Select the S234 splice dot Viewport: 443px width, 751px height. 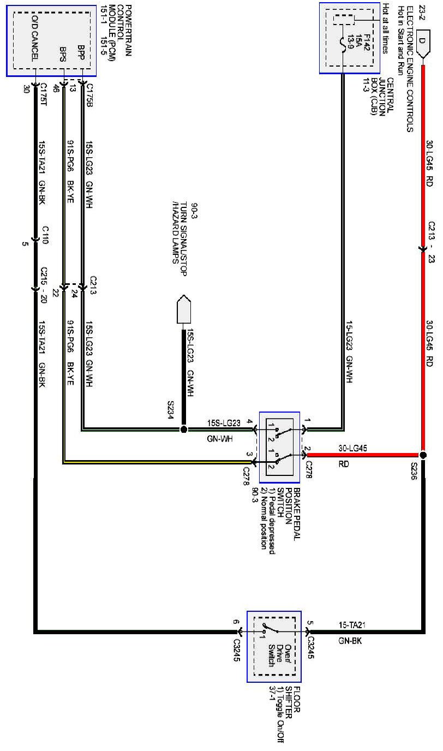(x=183, y=430)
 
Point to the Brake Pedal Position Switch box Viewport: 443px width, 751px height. (x=279, y=447)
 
